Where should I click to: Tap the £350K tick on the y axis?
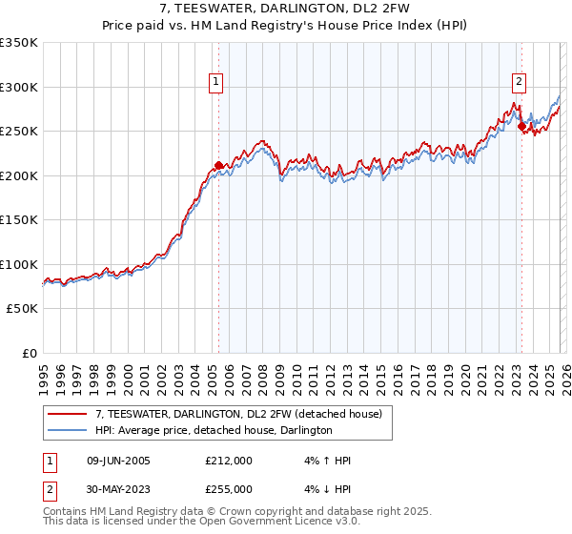point(19,43)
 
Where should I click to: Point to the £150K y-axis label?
point(19,220)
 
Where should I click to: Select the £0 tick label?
point(28,353)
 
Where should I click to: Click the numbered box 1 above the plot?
point(217,83)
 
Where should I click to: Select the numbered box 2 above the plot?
point(520,83)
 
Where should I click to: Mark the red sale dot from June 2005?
point(219,165)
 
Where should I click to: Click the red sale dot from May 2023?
point(521,127)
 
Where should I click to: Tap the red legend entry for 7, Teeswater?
point(238,414)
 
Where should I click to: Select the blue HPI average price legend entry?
point(214,430)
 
